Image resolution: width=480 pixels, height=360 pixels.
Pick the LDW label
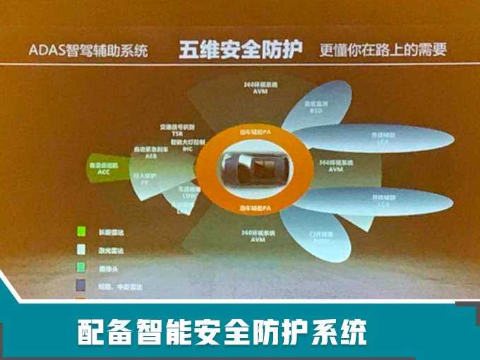[x=186, y=200]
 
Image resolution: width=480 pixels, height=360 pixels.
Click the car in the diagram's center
[x=254, y=170]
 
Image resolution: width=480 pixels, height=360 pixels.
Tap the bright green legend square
[x=81, y=231]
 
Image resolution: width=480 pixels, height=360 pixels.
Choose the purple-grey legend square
[x=81, y=284]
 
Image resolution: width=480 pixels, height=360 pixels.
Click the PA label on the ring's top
[x=256, y=133]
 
